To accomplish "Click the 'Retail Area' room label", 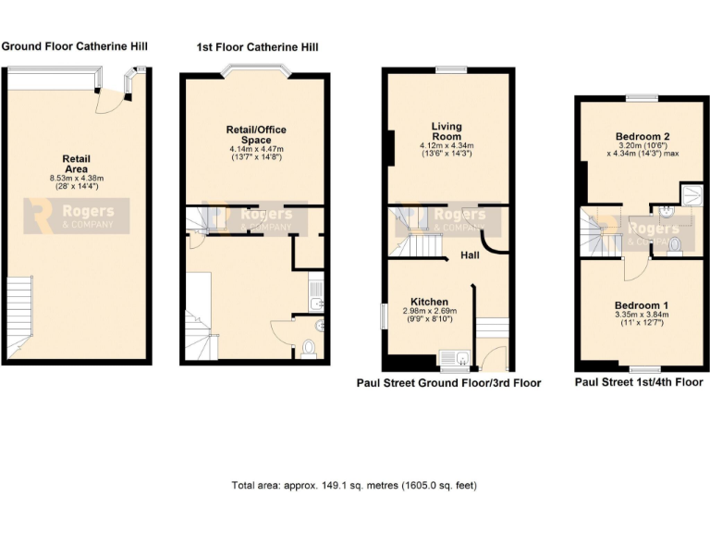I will pos(76,163).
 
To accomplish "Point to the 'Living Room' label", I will pos(447,130).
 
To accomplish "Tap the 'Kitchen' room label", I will pos(430,302).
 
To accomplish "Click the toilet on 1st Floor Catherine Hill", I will pos(310,349).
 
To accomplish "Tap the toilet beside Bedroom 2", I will pos(674,244).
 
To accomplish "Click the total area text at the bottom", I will pos(354,485).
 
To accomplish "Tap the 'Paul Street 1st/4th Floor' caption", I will pos(638,381).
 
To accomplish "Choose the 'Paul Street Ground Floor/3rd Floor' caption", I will pos(448,382).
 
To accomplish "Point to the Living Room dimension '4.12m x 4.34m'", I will pos(447,145).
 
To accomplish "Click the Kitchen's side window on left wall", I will pos(384,315).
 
